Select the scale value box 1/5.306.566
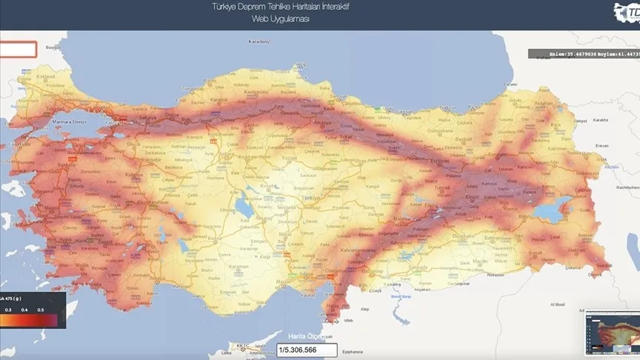tap(307, 350)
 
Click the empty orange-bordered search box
tap(18, 50)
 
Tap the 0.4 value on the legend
tap(24, 310)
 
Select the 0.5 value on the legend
tap(41, 310)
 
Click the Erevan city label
tap(601, 146)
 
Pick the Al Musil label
tap(559, 304)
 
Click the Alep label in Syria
tap(364, 307)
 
